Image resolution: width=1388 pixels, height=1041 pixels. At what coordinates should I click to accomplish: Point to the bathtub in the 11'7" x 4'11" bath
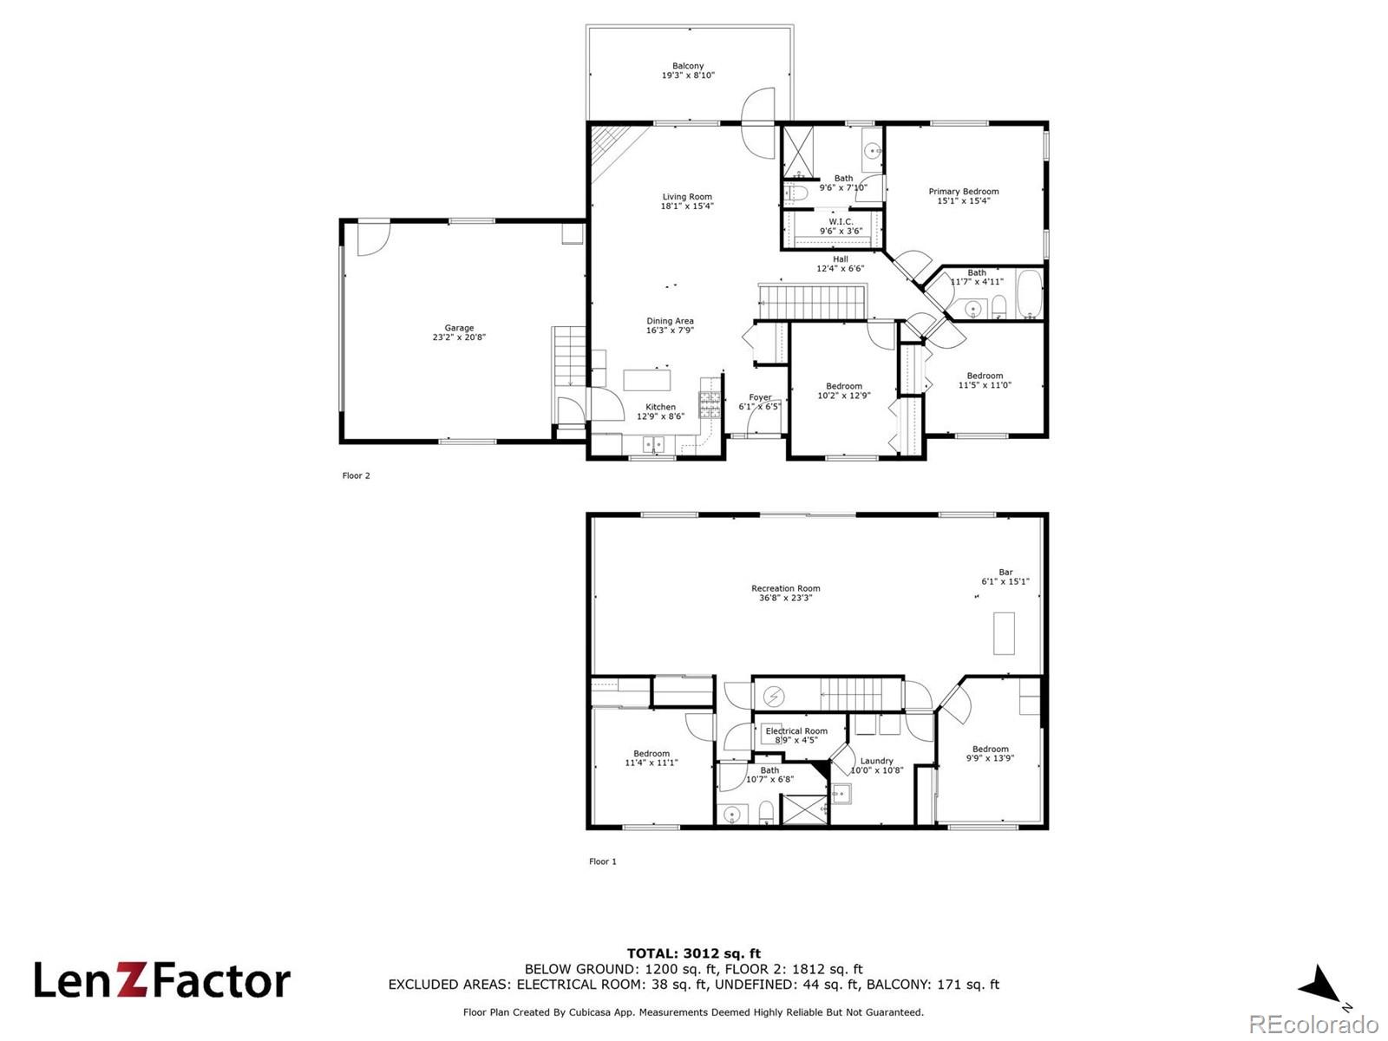(1029, 294)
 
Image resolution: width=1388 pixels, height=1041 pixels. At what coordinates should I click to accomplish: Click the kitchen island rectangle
(647, 380)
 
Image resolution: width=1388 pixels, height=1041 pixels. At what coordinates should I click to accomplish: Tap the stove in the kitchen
(710, 405)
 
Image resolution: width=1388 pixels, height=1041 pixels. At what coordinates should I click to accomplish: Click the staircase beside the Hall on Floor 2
(814, 302)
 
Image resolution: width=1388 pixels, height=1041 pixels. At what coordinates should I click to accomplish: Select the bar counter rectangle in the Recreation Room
(1004, 633)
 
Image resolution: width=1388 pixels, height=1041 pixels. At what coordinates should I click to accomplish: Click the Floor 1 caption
(602, 861)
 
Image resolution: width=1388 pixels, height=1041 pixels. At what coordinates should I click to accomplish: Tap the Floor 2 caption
(356, 475)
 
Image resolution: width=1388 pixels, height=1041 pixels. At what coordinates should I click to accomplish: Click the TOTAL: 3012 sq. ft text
(693, 953)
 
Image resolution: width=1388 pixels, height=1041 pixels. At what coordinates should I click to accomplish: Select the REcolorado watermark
(1314, 1025)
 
